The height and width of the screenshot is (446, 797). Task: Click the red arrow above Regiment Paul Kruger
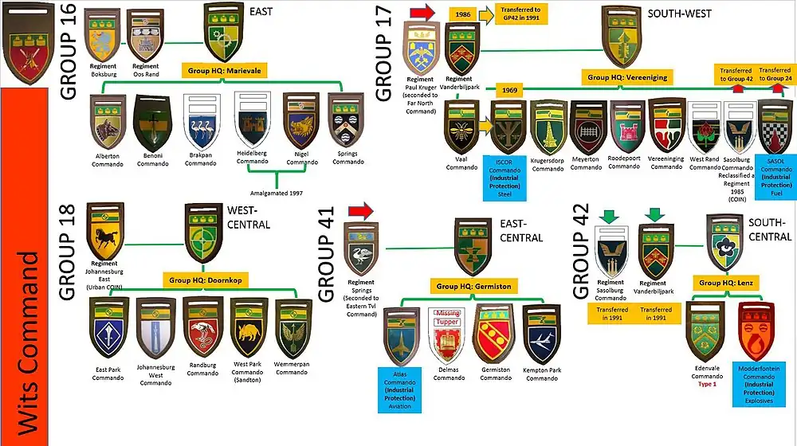[x=422, y=12]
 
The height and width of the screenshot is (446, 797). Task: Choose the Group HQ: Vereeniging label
[x=626, y=77]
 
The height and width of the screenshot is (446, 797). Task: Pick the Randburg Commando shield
[x=202, y=325]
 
